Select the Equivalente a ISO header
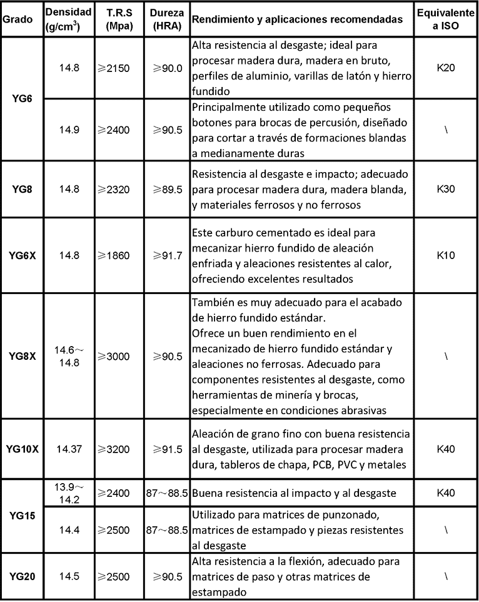(446, 19)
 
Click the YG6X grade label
(22, 255)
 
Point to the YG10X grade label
(22, 449)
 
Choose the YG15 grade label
(22, 516)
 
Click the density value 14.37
(69, 449)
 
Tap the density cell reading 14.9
(69, 130)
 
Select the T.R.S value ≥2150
(114, 68)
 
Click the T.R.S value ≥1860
(114, 255)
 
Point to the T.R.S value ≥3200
(114, 449)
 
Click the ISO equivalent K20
(446, 68)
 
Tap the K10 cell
(446, 255)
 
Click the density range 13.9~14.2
(69, 493)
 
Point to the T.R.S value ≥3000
(114, 356)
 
